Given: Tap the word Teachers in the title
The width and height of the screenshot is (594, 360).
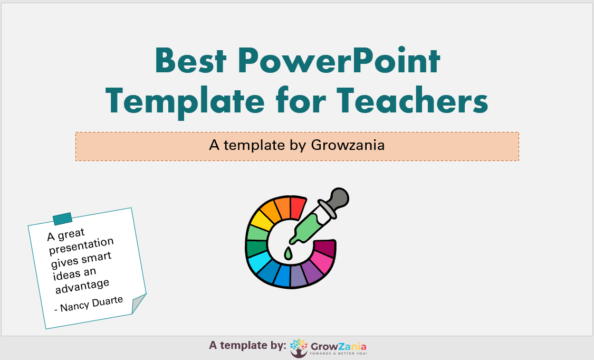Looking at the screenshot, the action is click(x=412, y=100).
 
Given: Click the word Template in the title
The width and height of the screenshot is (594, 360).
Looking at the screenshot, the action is click(x=185, y=101).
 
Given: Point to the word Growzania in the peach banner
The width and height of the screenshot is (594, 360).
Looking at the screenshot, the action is click(x=348, y=145).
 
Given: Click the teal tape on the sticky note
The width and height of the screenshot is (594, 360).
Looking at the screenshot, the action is click(x=62, y=219).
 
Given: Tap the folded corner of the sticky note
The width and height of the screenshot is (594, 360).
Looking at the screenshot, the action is click(x=139, y=303).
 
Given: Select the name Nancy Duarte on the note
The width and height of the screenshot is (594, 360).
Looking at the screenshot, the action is click(x=92, y=304).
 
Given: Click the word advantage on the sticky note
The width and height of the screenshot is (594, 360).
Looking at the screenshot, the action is click(x=82, y=286).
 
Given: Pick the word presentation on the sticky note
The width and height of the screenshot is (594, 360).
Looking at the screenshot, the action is click(x=81, y=246).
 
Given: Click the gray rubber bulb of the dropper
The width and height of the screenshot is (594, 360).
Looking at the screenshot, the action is click(x=338, y=198).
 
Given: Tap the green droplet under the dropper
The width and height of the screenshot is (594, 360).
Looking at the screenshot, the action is click(x=288, y=253).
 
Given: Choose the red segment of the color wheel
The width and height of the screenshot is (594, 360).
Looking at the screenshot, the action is click(x=298, y=207).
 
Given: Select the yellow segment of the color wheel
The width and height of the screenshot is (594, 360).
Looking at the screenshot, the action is click(x=261, y=220).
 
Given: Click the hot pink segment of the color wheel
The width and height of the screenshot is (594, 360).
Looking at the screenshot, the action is click(x=323, y=261).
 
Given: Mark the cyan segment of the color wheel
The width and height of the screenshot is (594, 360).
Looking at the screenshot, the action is click(x=258, y=264).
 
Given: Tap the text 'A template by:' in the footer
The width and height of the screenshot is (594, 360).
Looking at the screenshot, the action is click(x=247, y=345).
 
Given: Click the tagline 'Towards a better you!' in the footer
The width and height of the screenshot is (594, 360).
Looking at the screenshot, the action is click(x=338, y=354).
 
